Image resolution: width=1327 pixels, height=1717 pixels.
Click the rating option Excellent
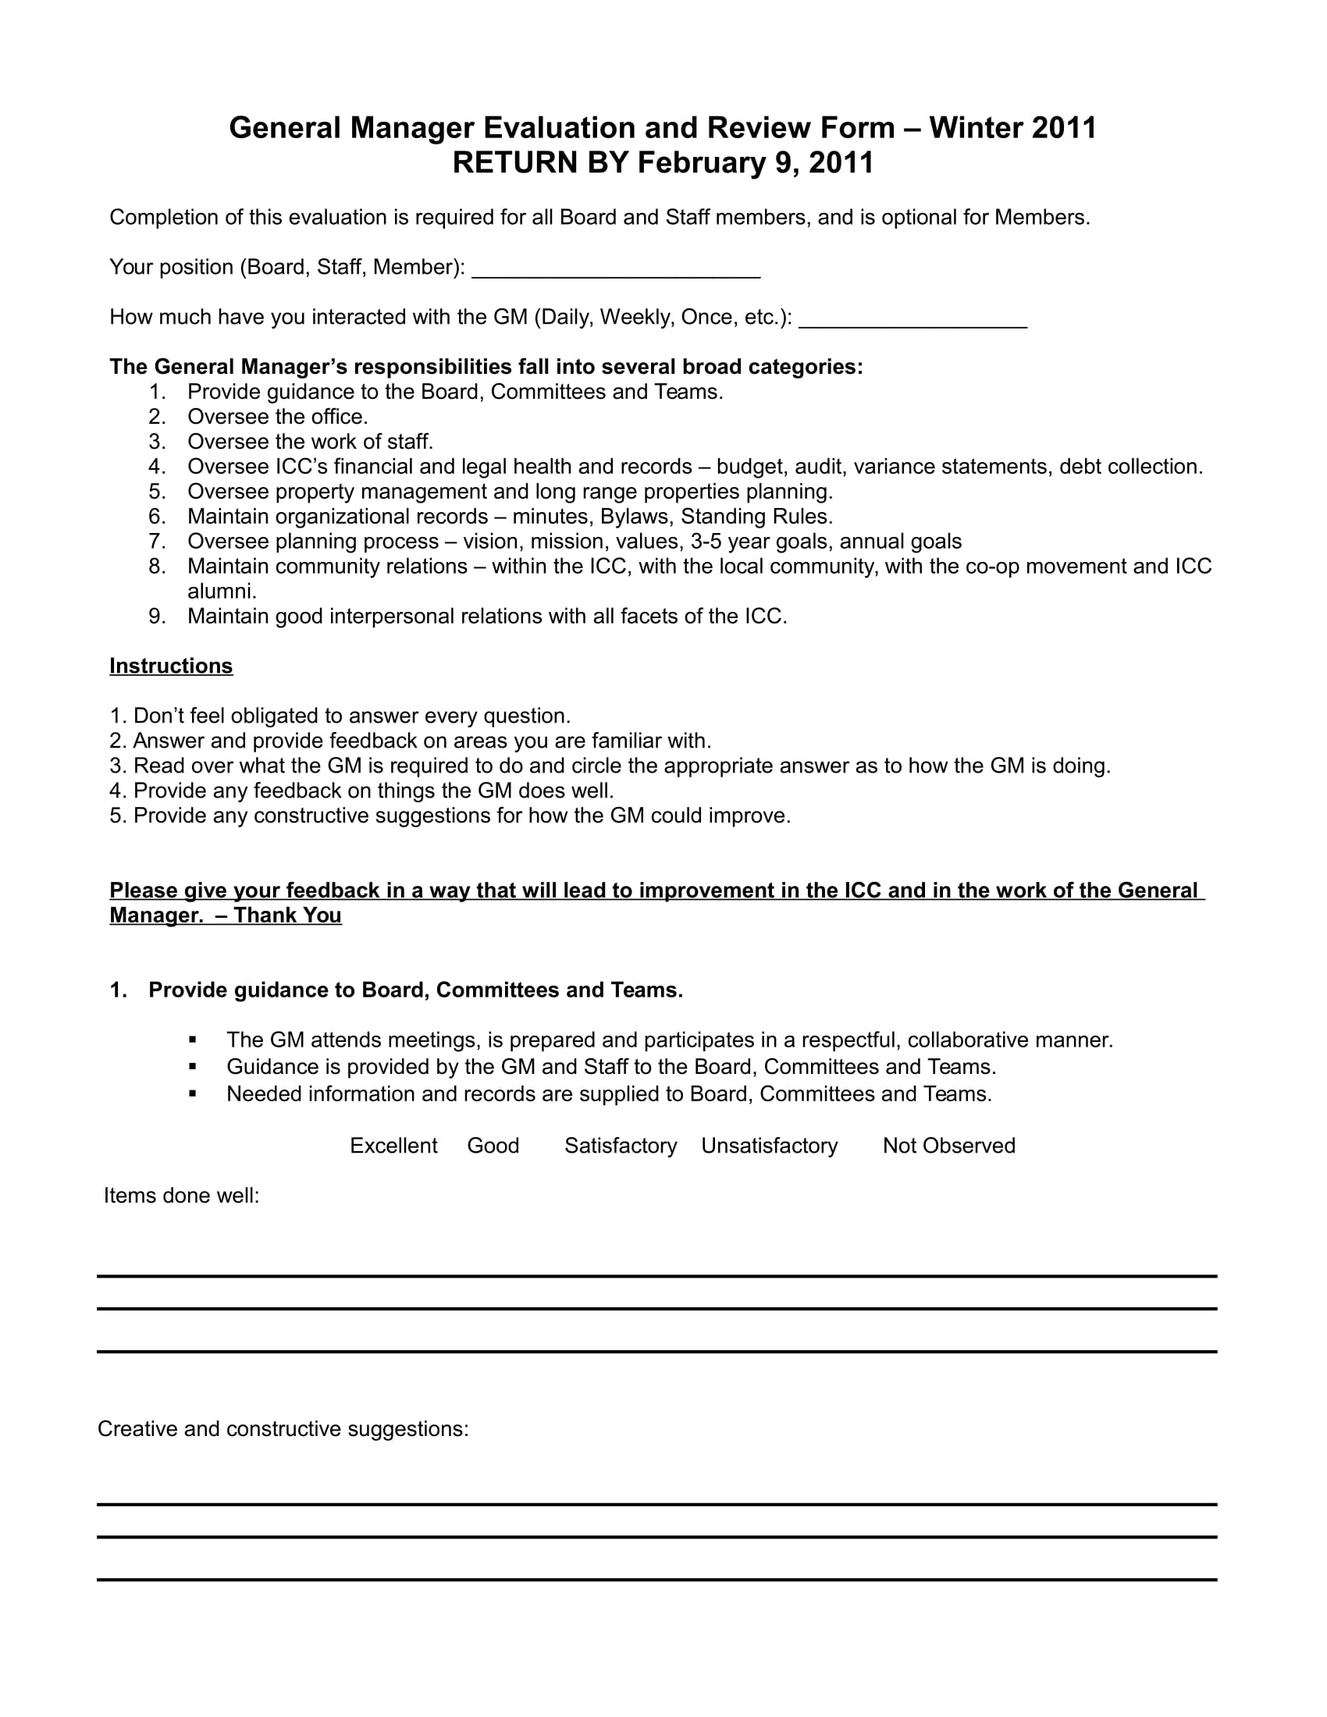point(393,1146)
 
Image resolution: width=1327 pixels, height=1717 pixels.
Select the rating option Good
point(493,1146)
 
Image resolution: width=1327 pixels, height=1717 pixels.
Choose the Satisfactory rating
point(621,1146)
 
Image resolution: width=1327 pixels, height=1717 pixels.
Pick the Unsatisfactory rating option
point(769,1146)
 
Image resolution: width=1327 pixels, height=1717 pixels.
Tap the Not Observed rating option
point(948,1146)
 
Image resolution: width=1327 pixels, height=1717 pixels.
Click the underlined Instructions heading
point(171,666)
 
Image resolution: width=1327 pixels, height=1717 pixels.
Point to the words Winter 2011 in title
point(1012,127)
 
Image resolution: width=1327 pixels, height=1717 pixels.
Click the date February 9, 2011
point(755,163)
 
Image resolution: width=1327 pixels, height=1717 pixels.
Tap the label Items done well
point(182,1196)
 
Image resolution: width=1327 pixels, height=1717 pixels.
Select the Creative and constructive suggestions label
point(283,1428)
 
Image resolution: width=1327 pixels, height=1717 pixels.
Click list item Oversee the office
point(278,417)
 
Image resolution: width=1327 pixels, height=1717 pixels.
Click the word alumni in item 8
point(222,592)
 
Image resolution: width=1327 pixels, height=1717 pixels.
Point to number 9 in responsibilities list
point(156,617)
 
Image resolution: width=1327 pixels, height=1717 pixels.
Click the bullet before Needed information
point(193,1093)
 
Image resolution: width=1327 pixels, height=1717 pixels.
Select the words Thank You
point(287,915)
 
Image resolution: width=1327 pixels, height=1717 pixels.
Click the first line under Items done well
point(656,1275)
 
